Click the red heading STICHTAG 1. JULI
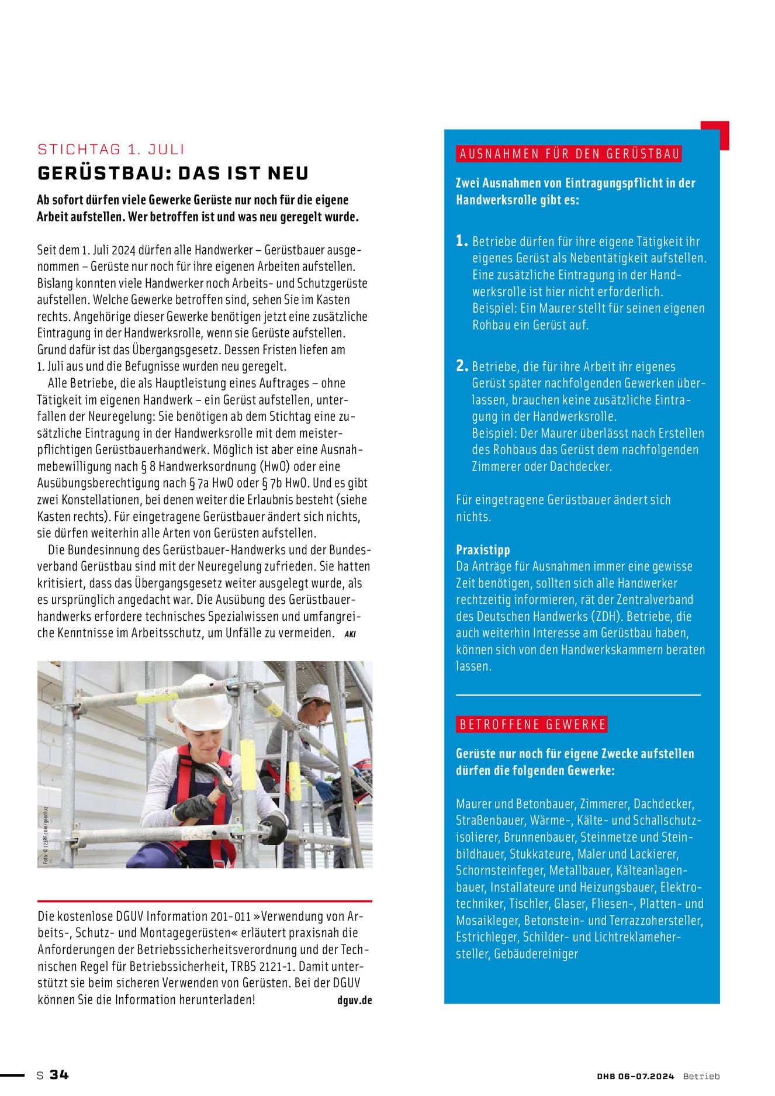point(111,150)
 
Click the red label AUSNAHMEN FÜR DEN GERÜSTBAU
point(569,154)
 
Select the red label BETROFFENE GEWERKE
point(532,725)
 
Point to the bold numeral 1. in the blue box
point(462,241)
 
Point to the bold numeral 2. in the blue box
point(462,366)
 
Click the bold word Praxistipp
point(483,549)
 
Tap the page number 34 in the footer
point(59,1075)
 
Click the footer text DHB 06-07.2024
point(635,1076)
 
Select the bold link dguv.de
point(354,1000)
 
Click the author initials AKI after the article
point(350,634)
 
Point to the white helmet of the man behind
point(316,693)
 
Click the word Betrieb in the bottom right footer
point(701,1076)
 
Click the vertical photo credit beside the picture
point(45,836)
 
